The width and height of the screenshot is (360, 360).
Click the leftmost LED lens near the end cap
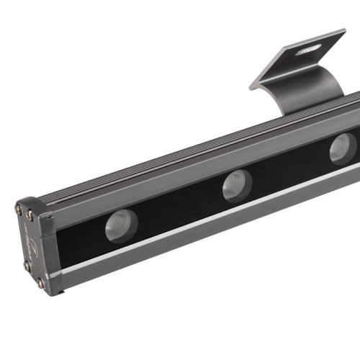(x=120, y=226)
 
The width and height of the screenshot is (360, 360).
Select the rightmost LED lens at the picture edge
(x=343, y=148)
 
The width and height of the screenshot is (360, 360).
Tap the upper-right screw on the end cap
(x=31, y=214)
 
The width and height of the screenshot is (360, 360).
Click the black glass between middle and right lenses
(x=288, y=168)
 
